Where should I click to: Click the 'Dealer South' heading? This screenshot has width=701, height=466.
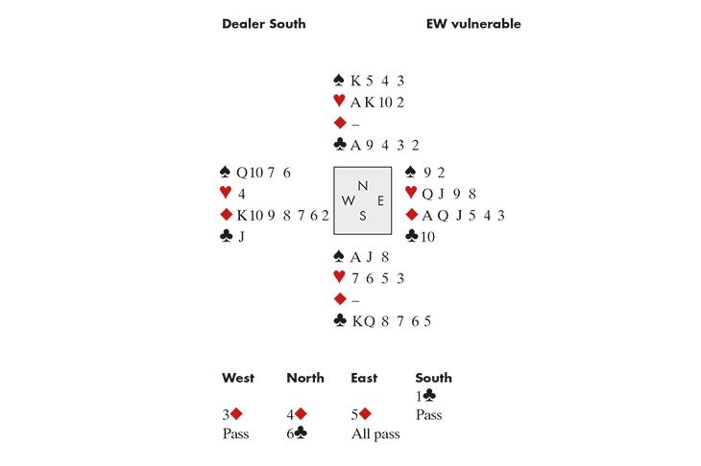(263, 24)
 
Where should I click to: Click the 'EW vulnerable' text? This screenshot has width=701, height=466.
(473, 24)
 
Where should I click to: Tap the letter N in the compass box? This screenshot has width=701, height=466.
(362, 185)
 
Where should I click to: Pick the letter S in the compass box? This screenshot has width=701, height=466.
(362, 216)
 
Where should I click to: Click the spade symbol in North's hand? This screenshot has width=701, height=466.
(339, 82)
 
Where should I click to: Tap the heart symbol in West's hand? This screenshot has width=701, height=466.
(226, 194)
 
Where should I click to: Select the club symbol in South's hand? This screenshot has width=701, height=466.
(340, 320)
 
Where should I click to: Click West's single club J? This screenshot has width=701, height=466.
(240, 236)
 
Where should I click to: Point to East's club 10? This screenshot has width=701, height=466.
(427, 236)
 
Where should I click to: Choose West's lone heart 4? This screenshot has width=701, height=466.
(241, 194)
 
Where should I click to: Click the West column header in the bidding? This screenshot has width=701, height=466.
(239, 378)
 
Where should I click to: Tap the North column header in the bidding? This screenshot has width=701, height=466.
(304, 378)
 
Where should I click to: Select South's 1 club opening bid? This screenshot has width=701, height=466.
(424, 395)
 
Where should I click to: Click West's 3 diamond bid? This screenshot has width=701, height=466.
(231, 414)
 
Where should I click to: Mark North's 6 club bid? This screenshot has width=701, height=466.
(297, 433)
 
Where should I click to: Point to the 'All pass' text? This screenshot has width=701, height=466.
(375, 433)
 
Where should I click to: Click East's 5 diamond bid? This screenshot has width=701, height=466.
(361, 414)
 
